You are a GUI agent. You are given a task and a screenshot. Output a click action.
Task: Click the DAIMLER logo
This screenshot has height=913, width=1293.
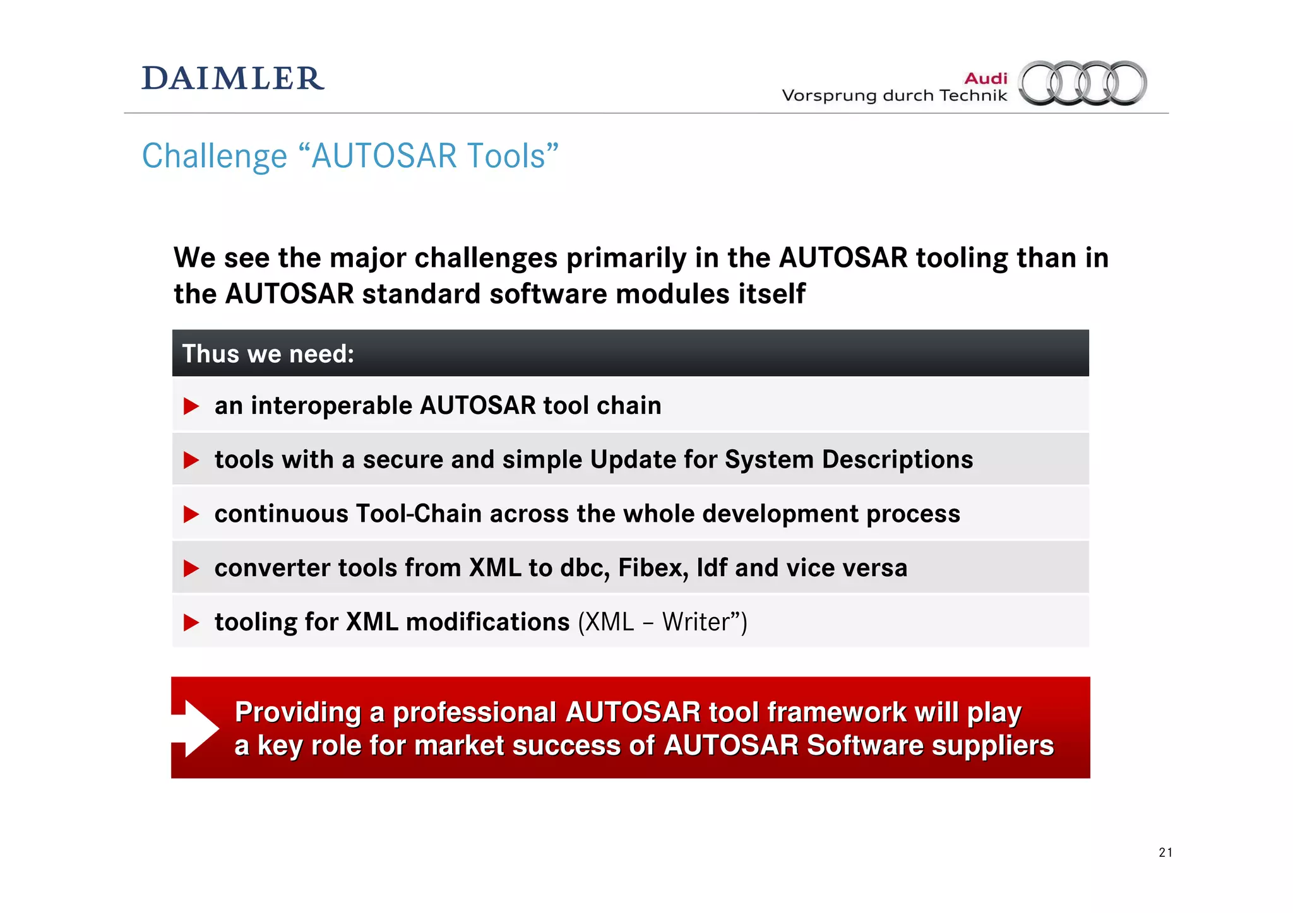pyautogui.click(x=232, y=79)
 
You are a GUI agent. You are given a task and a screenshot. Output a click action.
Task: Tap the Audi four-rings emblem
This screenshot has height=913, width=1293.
pyautogui.click(x=1083, y=83)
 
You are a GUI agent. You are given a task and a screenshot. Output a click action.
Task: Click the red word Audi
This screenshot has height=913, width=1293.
pyautogui.click(x=986, y=78)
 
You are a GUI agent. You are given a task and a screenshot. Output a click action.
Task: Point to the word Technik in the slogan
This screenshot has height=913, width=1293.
pyautogui.click(x=973, y=96)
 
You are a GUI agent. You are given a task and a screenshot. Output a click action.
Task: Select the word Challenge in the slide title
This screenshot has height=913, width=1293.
pyautogui.click(x=214, y=156)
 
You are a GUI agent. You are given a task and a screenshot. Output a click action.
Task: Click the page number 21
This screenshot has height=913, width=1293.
pyautogui.click(x=1165, y=852)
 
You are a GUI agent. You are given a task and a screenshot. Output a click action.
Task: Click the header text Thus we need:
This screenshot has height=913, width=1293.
pyautogui.click(x=268, y=354)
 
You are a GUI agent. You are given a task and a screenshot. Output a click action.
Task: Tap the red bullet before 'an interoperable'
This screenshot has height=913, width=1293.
pyautogui.click(x=191, y=406)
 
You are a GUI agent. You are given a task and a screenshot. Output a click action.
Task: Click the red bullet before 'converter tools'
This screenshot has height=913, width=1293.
pyautogui.click(x=191, y=568)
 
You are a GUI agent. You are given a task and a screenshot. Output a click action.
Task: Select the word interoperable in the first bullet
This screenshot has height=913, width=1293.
pyautogui.click(x=331, y=406)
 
